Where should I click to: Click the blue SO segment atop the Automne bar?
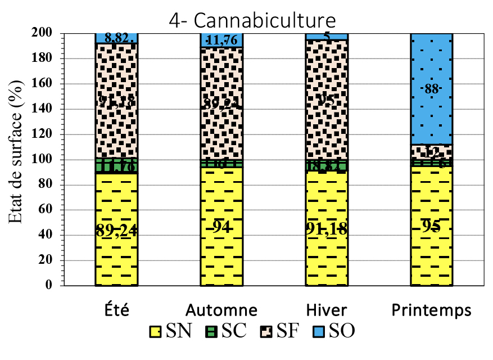(221, 40)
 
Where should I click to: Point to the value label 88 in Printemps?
(431, 90)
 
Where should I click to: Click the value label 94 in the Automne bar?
(221, 227)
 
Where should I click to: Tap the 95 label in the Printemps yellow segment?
(431, 227)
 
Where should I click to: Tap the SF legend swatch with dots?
(265, 331)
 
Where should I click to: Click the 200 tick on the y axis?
(44, 34)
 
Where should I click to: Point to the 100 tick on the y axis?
(44, 160)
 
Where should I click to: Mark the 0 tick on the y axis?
(49, 285)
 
